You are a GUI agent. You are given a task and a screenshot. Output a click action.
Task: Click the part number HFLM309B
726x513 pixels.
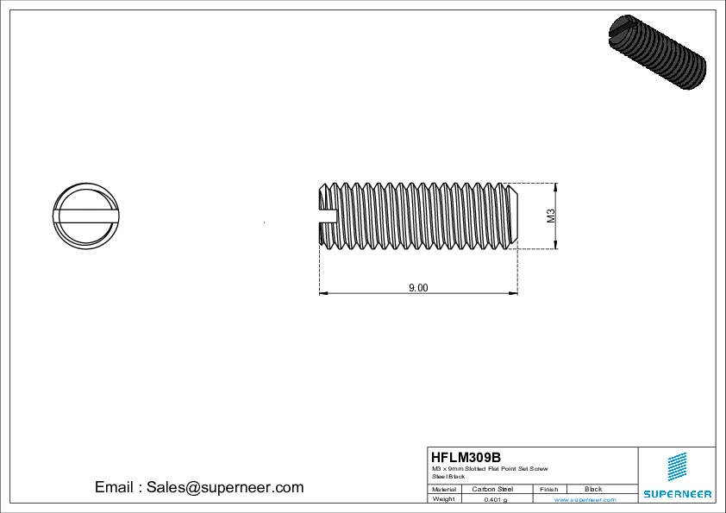(465, 457)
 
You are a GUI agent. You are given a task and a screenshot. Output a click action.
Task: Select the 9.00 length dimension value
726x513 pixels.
(418, 288)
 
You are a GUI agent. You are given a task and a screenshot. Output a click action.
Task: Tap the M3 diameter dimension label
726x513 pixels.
(551, 216)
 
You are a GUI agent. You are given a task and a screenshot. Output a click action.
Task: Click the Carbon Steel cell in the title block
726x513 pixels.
(492, 489)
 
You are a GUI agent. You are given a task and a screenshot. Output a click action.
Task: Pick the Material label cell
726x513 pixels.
(443, 489)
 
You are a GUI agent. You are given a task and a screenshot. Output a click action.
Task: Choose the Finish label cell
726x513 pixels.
(548, 489)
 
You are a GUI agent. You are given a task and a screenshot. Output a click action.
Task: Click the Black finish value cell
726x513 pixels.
(593, 489)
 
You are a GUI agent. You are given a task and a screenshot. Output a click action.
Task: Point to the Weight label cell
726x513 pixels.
(443, 499)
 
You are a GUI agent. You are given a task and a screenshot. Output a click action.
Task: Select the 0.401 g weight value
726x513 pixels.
(495, 499)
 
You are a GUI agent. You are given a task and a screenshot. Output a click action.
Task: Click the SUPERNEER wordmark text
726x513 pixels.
(677, 494)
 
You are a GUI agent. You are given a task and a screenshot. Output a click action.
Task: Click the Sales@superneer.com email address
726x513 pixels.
(224, 487)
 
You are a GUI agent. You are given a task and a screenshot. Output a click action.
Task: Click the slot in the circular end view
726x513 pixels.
(84, 216)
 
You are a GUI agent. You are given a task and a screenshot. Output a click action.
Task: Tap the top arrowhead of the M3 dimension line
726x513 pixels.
(556, 187)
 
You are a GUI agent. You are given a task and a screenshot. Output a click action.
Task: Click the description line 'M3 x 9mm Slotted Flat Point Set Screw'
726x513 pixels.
(489, 468)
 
